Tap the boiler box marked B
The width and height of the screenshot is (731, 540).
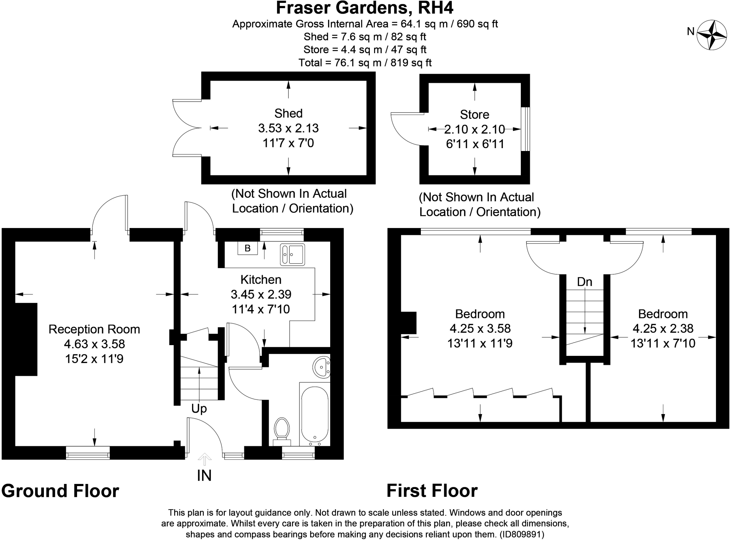tap(248, 248)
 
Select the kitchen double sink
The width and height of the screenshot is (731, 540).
tap(293, 255)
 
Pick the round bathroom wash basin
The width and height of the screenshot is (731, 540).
tap(322, 367)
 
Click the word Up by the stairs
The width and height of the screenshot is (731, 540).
tap(199, 409)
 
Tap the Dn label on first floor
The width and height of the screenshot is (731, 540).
tap(585, 282)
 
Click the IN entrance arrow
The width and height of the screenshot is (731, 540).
tap(204, 460)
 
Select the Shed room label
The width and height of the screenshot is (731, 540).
tap(288, 113)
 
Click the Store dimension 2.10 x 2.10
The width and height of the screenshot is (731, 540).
tap(474, 129)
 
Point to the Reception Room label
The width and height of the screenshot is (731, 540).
tap(94, 329)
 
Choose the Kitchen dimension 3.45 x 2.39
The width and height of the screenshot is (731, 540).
tap(261, 294)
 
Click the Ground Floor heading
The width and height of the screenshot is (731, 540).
tap(60, 491)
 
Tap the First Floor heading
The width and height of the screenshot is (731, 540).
tap(432, 491)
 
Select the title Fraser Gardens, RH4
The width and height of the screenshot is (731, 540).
tap(365, 8)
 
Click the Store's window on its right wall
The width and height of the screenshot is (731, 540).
tap(525, 129)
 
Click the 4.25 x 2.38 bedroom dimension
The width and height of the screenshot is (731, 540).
tap(663, 328)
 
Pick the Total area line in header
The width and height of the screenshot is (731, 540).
tap(365, 63)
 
